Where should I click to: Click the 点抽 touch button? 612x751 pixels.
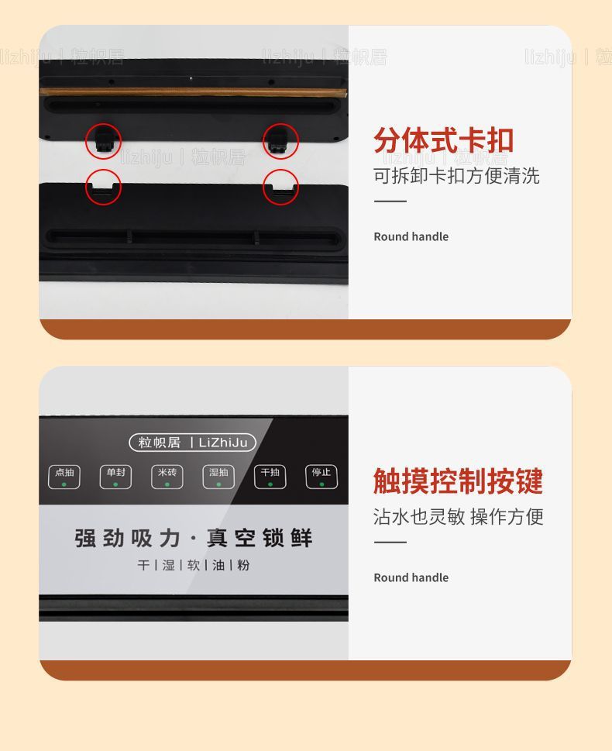(64, 476)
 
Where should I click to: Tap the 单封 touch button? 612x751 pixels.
(115, 476)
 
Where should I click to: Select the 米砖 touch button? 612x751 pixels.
(167, 476)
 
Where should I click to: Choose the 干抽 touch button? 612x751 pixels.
(270, 476)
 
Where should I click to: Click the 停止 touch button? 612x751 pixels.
(321, 476)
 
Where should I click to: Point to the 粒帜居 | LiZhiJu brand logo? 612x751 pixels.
(192, 443)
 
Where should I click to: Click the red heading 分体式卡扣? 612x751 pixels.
(443, 141)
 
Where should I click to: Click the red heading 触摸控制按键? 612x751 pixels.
(458, 481)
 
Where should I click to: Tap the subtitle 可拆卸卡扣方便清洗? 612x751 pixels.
(456, 176)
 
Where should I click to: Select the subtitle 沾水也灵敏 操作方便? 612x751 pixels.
(458, 516)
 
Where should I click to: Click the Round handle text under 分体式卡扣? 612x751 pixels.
(411, 236)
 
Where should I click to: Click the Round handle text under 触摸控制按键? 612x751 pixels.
(411, 577)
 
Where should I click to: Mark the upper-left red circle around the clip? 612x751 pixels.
(103, 142)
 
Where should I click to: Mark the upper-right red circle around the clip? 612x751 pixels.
(280, 141)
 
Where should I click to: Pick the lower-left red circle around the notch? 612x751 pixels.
(103, 187)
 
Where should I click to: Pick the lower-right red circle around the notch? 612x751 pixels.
(280, 187)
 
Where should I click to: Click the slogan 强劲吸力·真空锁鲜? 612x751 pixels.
(193, 538)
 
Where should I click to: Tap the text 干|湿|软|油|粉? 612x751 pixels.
(193, 565)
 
